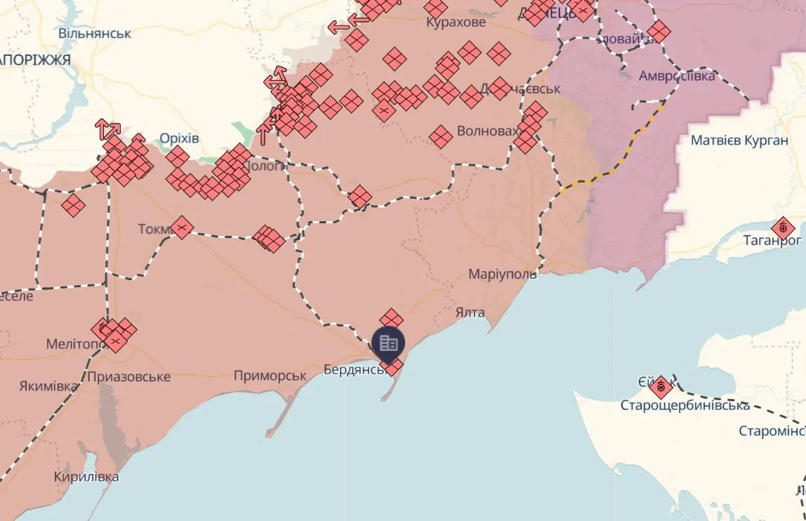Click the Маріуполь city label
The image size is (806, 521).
503,274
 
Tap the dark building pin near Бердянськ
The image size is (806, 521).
388,343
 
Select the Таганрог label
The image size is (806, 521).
772,241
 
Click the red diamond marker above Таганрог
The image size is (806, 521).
783,228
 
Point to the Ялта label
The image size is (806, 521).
470,312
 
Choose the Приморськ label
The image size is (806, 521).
270,376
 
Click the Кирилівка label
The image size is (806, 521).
86,477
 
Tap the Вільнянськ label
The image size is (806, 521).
95,33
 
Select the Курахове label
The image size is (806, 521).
456,22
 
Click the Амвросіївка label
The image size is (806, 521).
677,76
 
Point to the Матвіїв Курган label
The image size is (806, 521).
739,140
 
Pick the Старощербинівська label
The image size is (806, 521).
685,405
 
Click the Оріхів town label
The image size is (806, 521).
179,138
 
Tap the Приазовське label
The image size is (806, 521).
129,377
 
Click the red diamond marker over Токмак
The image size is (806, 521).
182,227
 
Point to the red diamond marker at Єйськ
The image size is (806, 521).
660,387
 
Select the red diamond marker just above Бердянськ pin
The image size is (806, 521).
391,319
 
